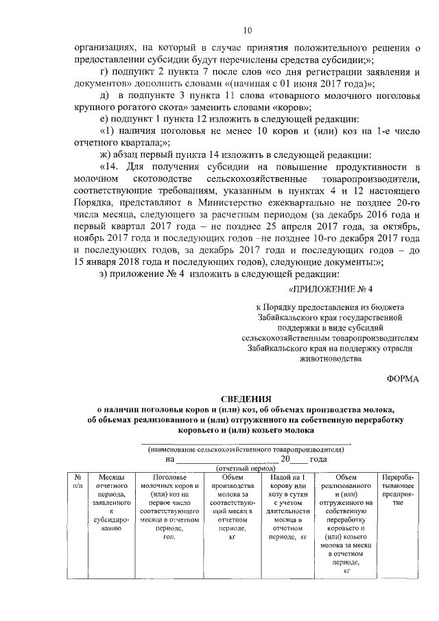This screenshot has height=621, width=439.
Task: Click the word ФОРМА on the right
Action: tap(402, 378)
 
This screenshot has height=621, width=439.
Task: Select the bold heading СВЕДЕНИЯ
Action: tap(246, 399)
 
